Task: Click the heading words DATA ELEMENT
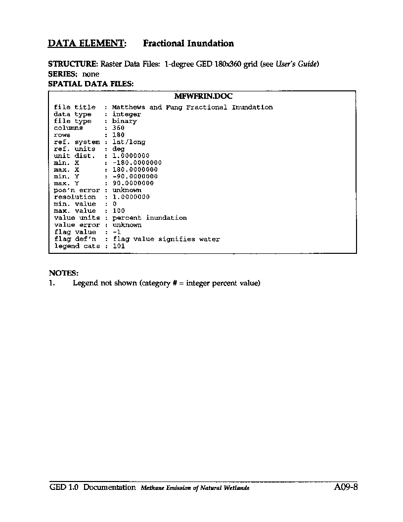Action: point(87,43)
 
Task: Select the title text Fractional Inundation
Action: point(188,43)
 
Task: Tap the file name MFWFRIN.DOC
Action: point(203,97)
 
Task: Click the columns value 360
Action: point(118,128)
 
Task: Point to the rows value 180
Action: point(118,135)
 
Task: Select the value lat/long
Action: point(129,142)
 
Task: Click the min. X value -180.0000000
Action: point(137,162)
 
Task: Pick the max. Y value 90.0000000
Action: point(133,183)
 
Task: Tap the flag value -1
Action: point(117,232)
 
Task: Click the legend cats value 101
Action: point(119,246)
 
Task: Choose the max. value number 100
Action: point(119,211)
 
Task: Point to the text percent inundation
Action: point(149,218)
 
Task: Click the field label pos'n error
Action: point(77,190)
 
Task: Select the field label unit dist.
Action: point(75,156)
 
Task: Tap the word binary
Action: point(124,121)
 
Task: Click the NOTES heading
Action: point(63,273)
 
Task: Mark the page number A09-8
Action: point(345,487)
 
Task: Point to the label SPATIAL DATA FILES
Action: point(90,84)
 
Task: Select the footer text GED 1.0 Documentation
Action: point(92,487)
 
